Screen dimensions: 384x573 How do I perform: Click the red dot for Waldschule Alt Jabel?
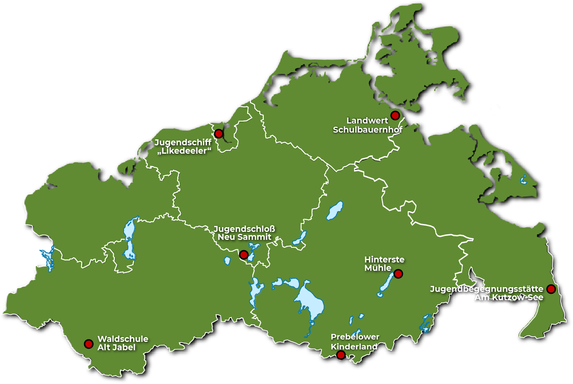89,343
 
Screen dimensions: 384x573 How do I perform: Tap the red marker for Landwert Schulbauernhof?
395,115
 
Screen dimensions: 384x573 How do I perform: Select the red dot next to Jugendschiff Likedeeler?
219,133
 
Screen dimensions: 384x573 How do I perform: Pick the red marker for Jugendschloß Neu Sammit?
244,255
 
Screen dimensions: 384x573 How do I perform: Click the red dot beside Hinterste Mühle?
398,274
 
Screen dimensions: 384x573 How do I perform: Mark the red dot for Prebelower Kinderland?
341,355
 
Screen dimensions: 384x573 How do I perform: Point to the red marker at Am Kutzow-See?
551,289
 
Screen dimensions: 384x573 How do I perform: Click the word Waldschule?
123,339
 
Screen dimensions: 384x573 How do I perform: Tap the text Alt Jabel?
116,347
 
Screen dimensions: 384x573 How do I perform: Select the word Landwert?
367,120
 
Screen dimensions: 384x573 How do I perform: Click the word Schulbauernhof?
368,129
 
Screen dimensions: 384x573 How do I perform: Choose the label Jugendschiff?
183,142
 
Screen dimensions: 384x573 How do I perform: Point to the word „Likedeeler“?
184,151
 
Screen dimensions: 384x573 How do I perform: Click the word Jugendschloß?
244,229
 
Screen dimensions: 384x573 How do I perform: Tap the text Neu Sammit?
244,237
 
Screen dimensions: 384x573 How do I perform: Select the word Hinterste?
384,259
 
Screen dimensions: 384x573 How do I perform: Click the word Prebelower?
355,337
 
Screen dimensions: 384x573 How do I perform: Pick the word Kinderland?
354,346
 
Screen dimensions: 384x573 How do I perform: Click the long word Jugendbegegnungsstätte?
486,289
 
